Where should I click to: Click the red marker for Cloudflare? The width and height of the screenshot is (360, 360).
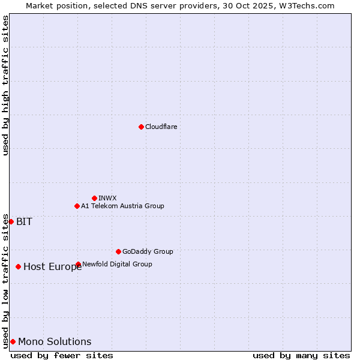point(141,127)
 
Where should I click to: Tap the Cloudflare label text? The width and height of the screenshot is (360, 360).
point(161,127)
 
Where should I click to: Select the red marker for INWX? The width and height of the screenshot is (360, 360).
point(94,198)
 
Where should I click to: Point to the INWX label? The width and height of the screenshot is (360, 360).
point(107,198)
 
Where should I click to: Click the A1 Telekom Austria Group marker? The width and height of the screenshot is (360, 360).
point(77,206)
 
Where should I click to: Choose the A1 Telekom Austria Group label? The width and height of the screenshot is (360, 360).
point(122,206)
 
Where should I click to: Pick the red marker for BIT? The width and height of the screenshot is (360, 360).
point(11,221)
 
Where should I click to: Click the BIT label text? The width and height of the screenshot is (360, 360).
point(24,221)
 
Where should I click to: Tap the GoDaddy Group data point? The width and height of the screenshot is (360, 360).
point(118,251)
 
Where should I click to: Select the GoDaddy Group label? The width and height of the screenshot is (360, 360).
point(148,251)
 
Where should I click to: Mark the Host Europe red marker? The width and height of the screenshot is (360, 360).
point(19,266)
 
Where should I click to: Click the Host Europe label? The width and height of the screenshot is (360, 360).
point(52,267)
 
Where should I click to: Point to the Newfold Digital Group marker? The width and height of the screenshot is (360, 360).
point(79,264)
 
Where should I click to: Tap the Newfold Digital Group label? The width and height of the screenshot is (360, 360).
point(117,264)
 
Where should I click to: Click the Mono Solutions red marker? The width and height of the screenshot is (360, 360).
point(13,341)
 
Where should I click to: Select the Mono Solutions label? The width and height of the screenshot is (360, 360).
point(55,342)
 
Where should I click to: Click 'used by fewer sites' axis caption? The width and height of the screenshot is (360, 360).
point(62,355)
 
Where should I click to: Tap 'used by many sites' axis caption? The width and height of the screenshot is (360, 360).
point(301,355)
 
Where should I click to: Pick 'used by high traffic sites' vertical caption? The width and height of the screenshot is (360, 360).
point(5,85)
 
